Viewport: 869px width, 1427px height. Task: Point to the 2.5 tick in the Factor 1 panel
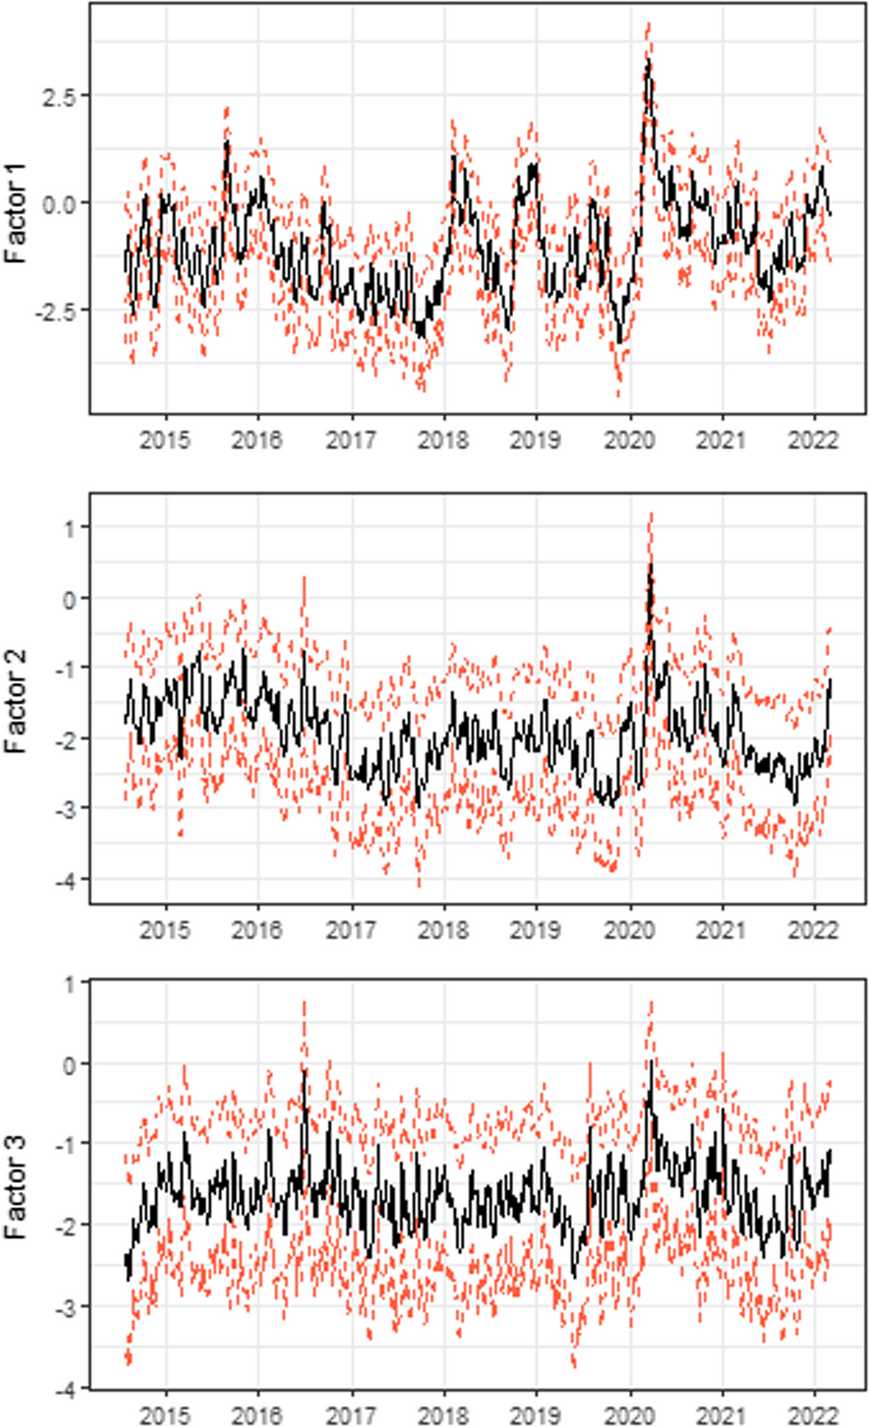tap(58, 97)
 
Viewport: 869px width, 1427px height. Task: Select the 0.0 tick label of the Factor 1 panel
tap(58, 204)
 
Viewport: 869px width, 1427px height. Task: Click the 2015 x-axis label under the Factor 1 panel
tap(165, 440)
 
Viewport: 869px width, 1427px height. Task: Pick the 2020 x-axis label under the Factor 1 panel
tap(629, 440)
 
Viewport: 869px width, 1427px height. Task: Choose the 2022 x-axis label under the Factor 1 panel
tap(813, 440)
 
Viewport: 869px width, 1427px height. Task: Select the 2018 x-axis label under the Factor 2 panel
tap(444, 930)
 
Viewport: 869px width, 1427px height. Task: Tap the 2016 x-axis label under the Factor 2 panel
tap(258, 930)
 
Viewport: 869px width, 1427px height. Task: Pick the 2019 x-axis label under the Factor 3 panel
tap(536, 1416)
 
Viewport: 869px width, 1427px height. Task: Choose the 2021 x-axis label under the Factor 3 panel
tap(722, 1416)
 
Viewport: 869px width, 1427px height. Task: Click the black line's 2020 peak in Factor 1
tap(648, 61)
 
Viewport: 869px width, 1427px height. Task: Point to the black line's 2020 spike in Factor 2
tap(651, 565)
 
